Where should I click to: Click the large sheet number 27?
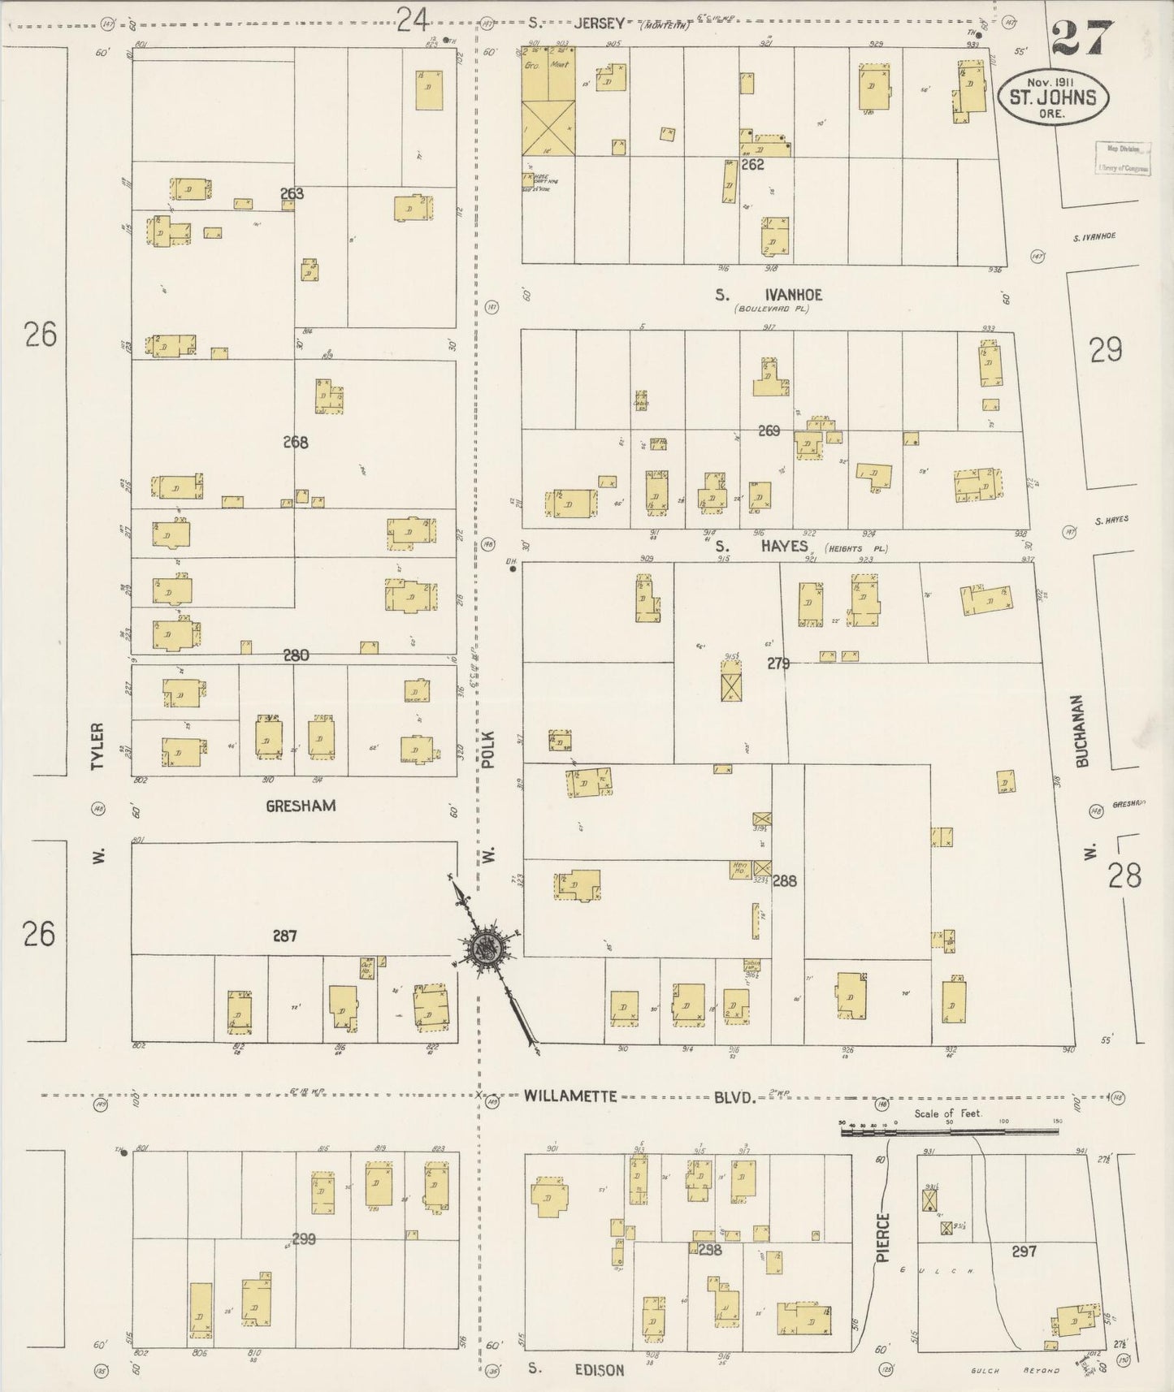coord(1080,37)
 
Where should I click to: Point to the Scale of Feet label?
coord(948,1113)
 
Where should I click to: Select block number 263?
coord(292,193)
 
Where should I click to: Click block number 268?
coord(296,443)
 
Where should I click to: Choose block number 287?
coord(284,936)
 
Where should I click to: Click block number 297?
coord(1024,1252)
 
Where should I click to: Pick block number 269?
coord(769,430)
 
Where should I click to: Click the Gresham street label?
coord(300,806)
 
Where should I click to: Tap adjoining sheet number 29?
coord(1106,349)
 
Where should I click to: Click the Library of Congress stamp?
coord(1123,158)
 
